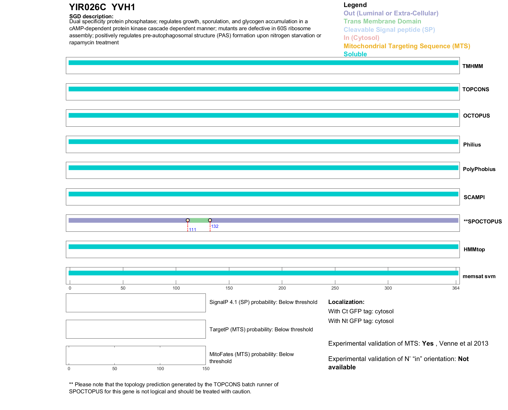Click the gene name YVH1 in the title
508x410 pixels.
pos(123,7)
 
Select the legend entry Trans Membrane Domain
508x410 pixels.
pos(382,21)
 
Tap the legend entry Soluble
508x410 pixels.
pos(355,54)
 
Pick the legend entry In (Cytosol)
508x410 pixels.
pos(361,38)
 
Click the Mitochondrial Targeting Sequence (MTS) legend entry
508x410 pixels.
pos(407,46)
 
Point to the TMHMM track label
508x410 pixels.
pos(473,66)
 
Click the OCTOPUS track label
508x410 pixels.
pos(476,116)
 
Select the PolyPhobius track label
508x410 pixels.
pos(479,169)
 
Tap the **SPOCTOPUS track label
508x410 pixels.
pos(482,222)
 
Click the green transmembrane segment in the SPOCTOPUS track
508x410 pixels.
pos(199,221)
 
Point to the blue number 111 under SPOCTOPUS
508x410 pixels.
pos(193,230)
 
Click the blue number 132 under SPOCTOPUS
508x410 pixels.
pos(215,226)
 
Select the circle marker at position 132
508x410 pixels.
pos(210,220)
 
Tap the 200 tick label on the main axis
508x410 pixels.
pos(282,288)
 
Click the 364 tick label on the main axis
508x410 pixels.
pos(456,288)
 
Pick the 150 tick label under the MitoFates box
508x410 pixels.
pos(206,369)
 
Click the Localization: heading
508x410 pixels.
pos(346,302)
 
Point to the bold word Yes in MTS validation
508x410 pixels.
pos(428,344)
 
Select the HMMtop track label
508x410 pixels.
pos(474,249)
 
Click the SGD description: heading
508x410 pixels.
pos(91,16)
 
